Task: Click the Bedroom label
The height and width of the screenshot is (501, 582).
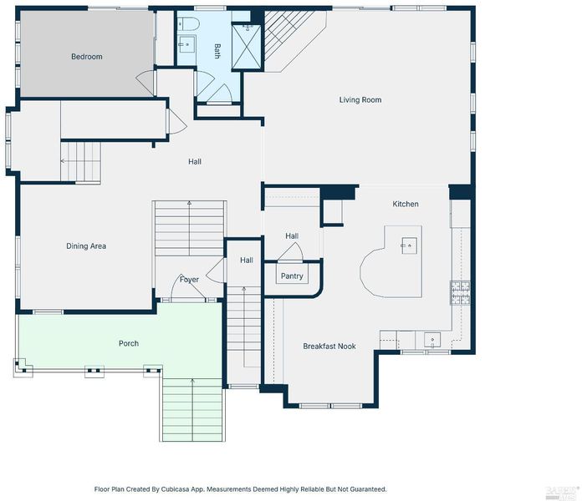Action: (x=87, y=57)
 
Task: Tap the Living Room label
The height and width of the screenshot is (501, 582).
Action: (x=360, y=99)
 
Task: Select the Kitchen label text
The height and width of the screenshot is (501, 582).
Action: (x=406, y=204)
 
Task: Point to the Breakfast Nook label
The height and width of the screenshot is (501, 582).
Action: (x=329, y=346)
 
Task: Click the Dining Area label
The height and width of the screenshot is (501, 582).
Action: (x=86, y=246)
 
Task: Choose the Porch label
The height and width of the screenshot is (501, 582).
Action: (x=129, y=343)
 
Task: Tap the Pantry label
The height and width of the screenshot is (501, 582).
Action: (x=292, y=276)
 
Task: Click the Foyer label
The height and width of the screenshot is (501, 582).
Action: (x=189, y=280)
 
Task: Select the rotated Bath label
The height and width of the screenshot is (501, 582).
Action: (x=217, y=51)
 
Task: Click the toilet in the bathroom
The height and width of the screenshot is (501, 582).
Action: (x=188, y=23)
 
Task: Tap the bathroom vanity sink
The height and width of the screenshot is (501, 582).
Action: (x=186, y=44)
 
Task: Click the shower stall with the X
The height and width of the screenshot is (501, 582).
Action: (x=247, y=46)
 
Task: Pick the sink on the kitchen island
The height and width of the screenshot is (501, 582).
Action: (x=409, y=245)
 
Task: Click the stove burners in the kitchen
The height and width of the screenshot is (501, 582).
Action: (x=460, y=293)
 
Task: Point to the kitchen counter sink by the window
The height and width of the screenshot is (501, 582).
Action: (x=432, y=340)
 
